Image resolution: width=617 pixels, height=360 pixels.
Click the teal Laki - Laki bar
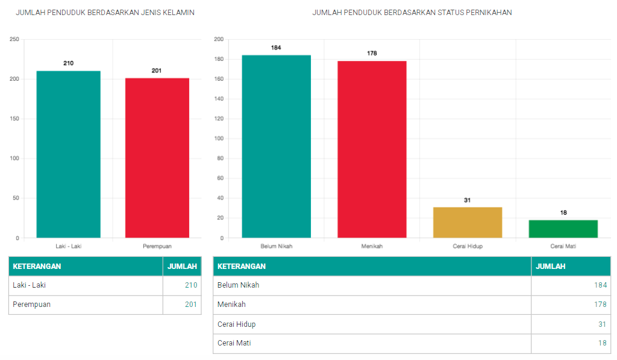68,154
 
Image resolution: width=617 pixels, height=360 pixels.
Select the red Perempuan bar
157,158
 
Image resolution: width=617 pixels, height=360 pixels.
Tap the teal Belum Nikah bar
276,147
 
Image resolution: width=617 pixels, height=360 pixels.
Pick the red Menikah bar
372,150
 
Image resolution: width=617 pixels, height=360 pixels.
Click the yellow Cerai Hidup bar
467,223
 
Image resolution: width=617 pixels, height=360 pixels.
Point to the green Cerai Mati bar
563,229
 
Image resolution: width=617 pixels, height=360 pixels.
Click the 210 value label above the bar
68,63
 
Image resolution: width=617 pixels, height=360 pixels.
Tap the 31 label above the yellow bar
467,200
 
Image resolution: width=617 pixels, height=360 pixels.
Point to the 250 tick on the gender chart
14,40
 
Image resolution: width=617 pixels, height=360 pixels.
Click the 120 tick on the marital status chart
219,119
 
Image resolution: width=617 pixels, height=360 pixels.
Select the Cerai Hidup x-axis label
467,246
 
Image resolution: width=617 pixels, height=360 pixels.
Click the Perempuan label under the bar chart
157,246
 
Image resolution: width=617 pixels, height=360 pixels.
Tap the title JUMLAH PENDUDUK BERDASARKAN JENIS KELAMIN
105,13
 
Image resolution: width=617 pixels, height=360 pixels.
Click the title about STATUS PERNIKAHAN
412,13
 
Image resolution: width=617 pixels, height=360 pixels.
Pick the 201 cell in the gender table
190,305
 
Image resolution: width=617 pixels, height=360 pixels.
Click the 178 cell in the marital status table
600,305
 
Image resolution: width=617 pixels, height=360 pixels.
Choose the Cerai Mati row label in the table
234,343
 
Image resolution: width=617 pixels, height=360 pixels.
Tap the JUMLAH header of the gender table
182,267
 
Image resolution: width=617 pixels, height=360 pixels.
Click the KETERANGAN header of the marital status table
242,267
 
